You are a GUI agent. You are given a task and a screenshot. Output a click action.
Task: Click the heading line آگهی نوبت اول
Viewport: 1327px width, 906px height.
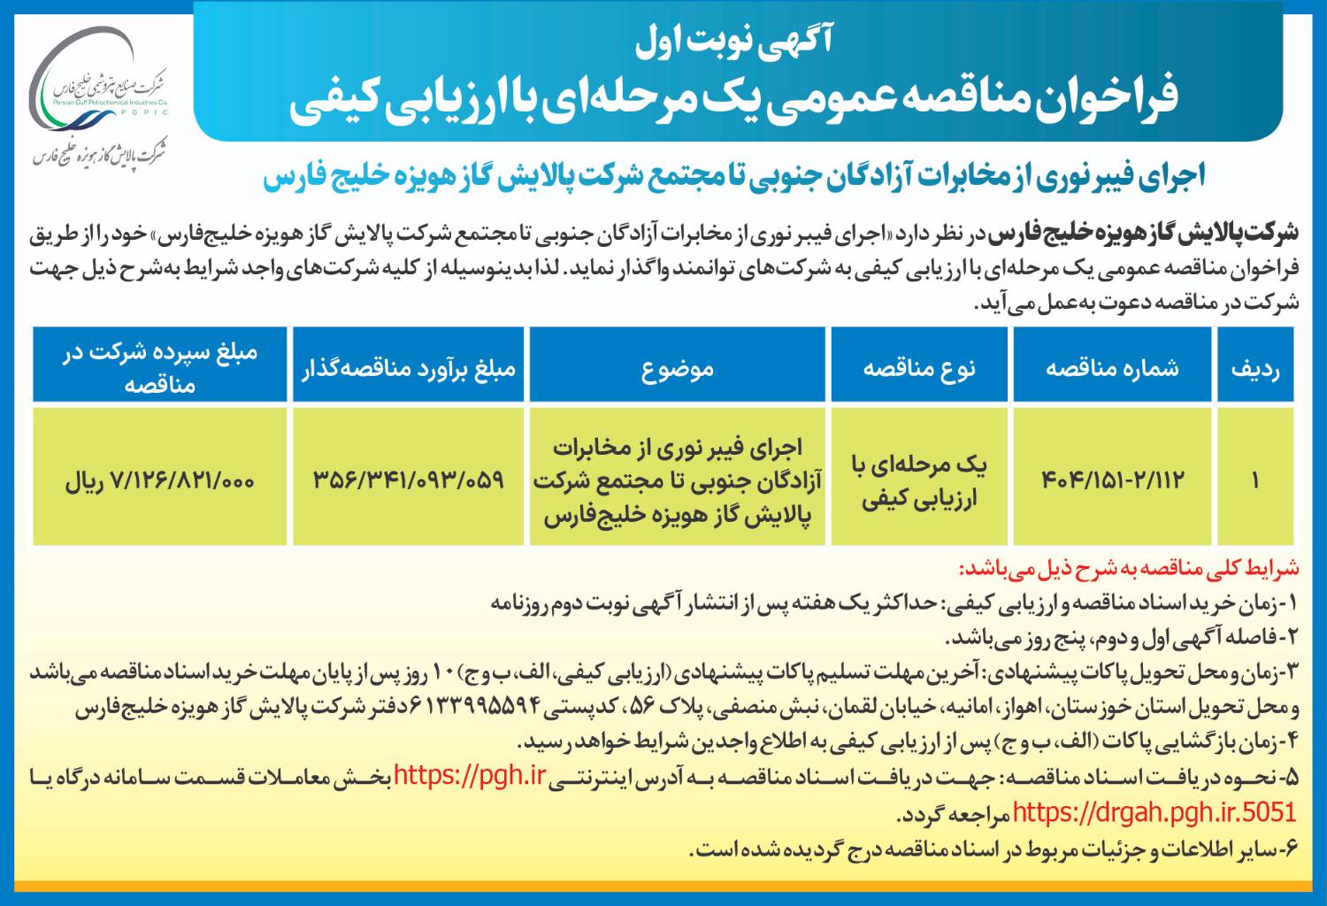(x=733, y=39)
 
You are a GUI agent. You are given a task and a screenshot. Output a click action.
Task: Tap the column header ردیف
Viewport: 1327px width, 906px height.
(x=1254, y=367)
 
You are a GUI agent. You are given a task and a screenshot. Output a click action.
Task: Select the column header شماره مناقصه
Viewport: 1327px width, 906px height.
(x=1112, y=367)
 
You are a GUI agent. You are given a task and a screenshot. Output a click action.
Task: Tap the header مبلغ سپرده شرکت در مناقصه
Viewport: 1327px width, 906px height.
(x=159, y=367)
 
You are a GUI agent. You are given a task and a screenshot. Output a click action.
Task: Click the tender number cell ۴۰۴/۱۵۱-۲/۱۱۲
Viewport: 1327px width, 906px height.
(x=1112, y=480)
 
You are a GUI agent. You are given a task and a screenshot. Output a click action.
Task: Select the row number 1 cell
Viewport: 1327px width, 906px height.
(x=1254, y=480)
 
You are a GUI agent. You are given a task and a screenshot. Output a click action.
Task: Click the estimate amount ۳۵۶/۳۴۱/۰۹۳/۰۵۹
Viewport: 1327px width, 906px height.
(x=408, y=480)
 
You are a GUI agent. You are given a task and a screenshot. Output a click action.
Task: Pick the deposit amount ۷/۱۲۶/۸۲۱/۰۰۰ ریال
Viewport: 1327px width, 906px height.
(x=159, y=480)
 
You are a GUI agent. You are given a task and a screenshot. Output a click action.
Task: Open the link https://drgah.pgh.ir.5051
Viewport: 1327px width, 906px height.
(x=1154, y=812)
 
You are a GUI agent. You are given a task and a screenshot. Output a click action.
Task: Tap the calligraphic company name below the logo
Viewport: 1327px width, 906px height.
(x=99, y=153)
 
